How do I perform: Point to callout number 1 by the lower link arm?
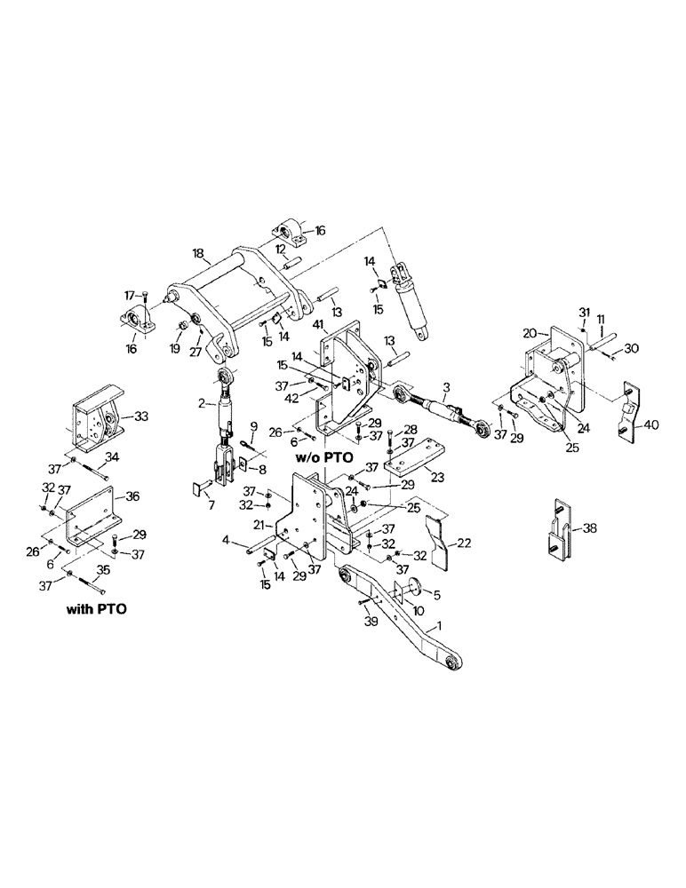pos(435,627)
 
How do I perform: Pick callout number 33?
pos(140,415)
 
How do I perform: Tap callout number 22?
pos(463,540)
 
